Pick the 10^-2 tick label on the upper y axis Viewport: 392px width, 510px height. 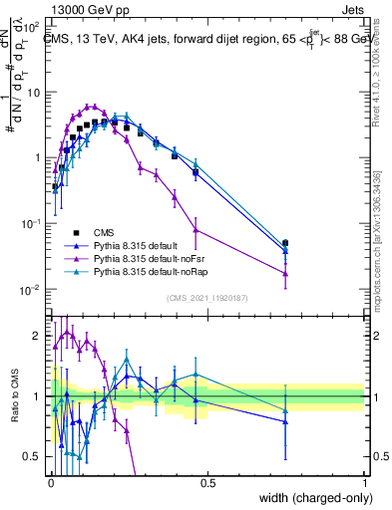(x=32, y=290)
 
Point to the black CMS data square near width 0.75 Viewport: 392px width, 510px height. (x=285, y=242)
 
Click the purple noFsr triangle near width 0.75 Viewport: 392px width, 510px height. (x=285, y=273)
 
